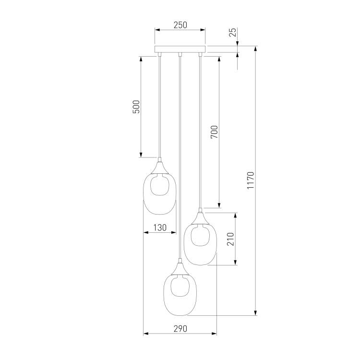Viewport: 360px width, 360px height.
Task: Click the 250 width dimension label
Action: pyautogui.click(x=180, y=25)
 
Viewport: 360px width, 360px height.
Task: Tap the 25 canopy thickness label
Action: pyautogui.click(x=233, y=32)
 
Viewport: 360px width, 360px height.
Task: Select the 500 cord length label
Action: pyautogui.click(x=136, y=107)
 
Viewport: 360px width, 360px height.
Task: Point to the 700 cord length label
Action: pyautogui.click(x=214, y=132)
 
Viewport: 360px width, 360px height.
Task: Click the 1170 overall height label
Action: pyautogui.click(x=251, y=180)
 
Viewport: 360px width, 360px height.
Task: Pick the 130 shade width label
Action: pyautogui.click(x=160, y=228)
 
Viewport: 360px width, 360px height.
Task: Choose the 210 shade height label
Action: pyautogui.click(x=230, y=239)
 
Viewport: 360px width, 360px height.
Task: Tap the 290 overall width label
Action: pyautogui.click(x=180, y=328)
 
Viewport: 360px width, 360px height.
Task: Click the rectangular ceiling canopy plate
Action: pyautogui.click(x=180, y=49)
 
